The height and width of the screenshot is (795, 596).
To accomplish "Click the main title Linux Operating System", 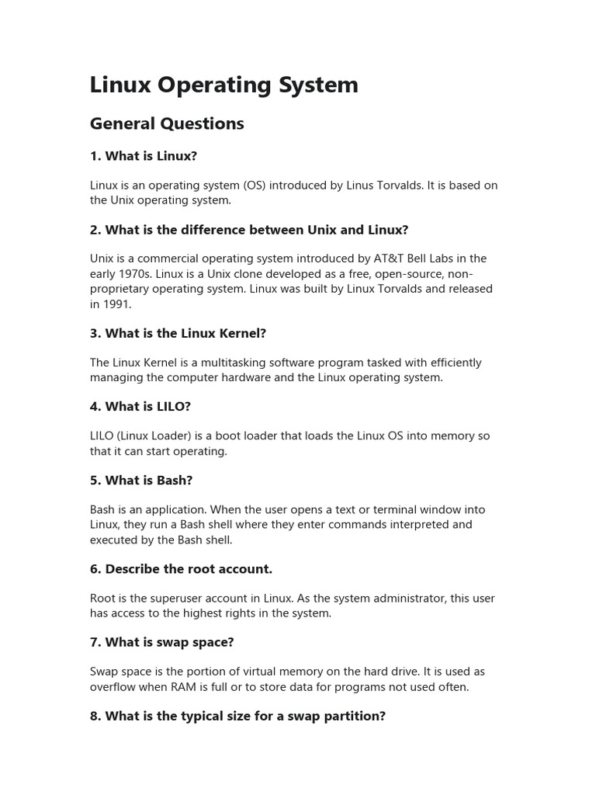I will click(x=223, y=85).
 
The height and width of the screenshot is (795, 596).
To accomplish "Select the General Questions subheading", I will click(x=167, y=123).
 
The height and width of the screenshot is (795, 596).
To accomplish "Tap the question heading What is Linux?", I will click(x=144, y=156).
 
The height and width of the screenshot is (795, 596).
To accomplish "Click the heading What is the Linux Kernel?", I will click(x=178, y=333).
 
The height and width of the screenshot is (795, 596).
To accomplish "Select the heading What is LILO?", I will click(x=140, y=406).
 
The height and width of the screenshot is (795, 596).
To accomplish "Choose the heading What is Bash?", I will click(x=140, y=480).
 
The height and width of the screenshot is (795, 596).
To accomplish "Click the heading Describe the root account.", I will click(x=181, y=569).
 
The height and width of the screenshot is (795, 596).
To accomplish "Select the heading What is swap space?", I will click(x=161, y=642).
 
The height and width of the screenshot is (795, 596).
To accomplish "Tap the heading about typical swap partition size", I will click(x=237, y=716).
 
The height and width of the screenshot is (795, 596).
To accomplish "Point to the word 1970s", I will click(x=131, y=274).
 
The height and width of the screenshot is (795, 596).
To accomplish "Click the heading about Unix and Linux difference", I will click(x=248, y=230).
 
